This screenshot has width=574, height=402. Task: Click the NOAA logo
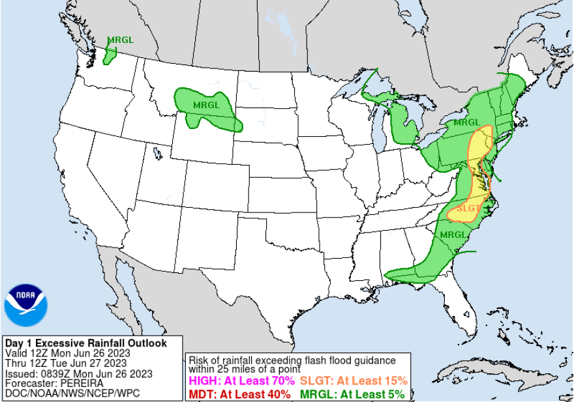pos(26,305)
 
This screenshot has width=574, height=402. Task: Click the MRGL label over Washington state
pos(120,40)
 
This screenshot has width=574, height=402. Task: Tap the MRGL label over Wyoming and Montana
pos(207,104)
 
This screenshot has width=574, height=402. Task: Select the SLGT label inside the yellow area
pos(468,208)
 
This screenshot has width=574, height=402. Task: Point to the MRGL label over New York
pos(466,122)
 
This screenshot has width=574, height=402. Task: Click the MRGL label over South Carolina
pos(453,235)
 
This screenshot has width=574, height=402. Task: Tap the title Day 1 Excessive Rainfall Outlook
pos(85,343)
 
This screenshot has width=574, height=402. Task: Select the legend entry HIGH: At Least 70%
pos(241,380)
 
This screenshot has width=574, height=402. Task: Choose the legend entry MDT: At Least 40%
pos(239,394)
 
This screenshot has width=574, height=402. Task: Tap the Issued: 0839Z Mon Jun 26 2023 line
pos(78,373)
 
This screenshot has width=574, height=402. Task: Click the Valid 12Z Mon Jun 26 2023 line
pos(67,353)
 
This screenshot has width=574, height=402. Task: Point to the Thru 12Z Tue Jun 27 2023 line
pos(65,363)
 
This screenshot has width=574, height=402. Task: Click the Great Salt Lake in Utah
pos(157,154)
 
